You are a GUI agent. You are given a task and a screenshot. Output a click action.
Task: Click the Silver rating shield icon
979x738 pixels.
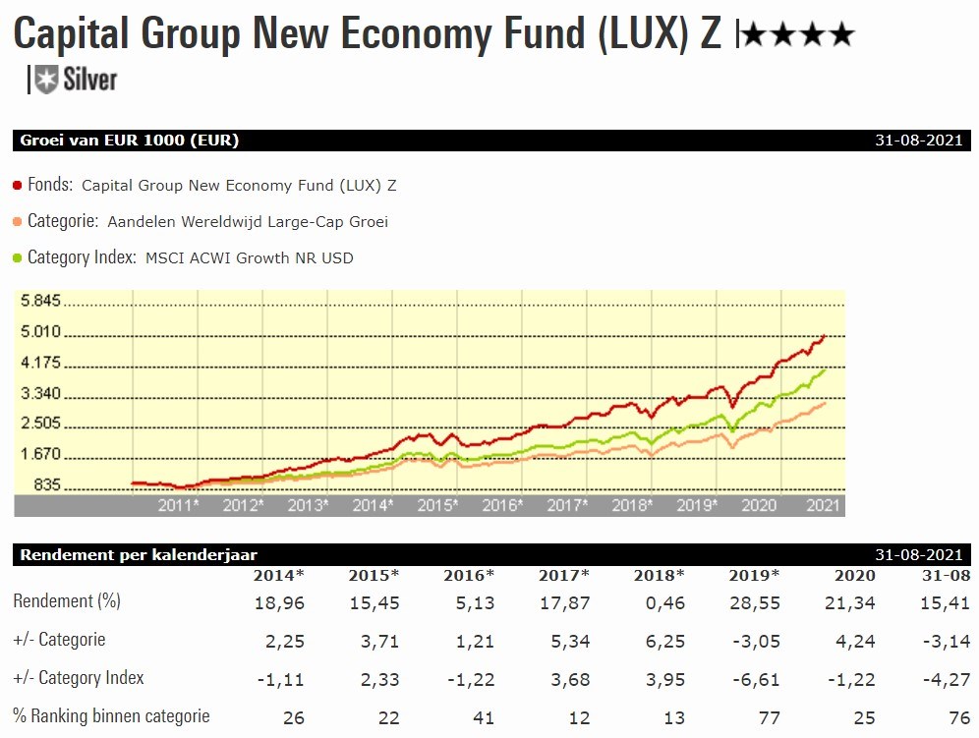tap(45, 80)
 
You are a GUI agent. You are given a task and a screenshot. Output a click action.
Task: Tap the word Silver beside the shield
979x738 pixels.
tap(89, 80)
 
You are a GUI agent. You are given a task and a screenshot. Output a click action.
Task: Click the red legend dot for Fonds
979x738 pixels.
tap(19, 184)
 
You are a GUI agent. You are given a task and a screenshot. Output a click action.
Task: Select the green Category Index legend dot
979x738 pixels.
tap(19, 257)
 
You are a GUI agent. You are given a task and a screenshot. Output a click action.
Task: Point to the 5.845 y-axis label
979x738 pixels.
tap(40, 301)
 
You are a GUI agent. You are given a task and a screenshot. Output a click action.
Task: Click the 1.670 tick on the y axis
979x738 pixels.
tap(40, 455)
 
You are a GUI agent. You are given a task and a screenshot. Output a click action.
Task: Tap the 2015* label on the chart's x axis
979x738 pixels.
tap(437, 505)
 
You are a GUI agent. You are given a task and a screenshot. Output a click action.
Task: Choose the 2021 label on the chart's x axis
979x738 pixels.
tap(823, 505)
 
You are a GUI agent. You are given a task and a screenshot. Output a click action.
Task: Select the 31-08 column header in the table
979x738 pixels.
tap(946, 575)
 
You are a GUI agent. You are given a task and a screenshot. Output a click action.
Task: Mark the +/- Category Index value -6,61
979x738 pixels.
tap(753, 679)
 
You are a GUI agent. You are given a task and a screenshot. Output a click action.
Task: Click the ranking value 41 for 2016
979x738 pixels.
tap(484, 717)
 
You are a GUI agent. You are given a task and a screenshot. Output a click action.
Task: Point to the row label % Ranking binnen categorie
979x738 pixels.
tap(111, 716)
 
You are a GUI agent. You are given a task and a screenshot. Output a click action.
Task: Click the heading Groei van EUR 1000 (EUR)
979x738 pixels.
tap(130, 141)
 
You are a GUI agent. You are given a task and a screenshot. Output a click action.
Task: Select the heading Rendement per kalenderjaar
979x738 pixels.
tap(139, 555)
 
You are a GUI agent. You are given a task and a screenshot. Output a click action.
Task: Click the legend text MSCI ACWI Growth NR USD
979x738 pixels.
tap(249, 258)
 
